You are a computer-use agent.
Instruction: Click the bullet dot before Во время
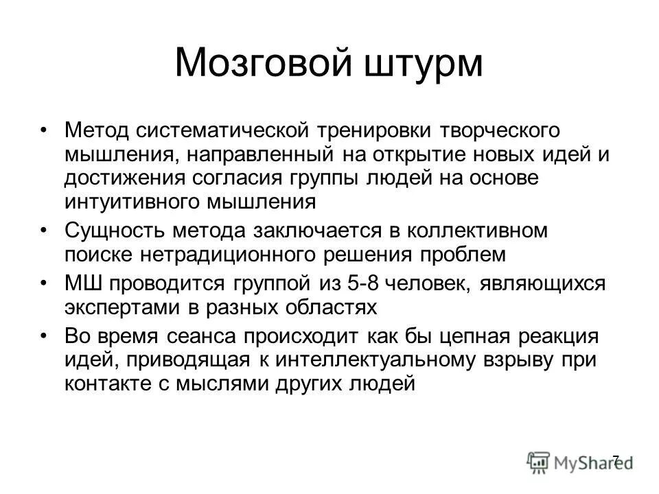45,336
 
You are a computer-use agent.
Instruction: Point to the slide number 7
616,459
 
